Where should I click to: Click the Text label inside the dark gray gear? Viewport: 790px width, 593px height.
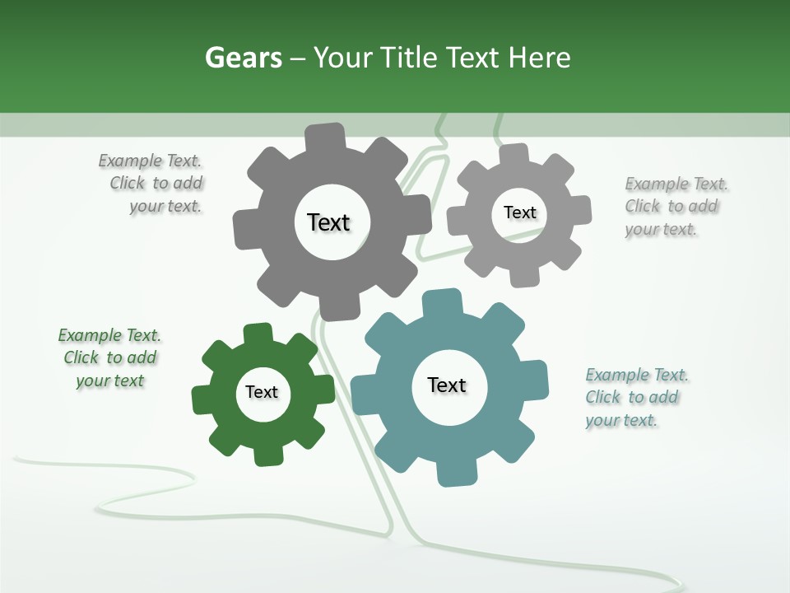tap(328, 222)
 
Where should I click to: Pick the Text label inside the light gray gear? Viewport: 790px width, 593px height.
tap(519, 212)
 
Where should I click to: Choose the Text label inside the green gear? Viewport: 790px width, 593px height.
tap(262, 392)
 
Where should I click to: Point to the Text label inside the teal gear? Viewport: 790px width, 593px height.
tap(447, 385)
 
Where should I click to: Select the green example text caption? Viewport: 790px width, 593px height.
tap(109, 358)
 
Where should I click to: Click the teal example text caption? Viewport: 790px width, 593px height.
tap(636, 398)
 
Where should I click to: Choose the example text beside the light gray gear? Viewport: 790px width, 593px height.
tap(675, 207)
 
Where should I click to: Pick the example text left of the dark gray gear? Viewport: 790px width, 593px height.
tap(151, 184)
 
